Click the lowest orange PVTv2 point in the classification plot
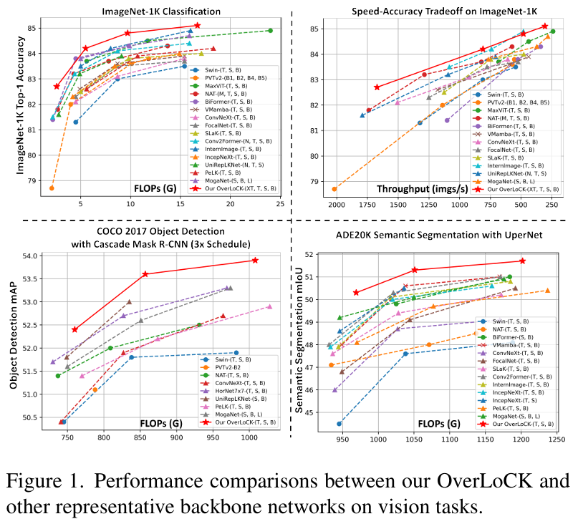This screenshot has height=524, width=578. tap(52, 188)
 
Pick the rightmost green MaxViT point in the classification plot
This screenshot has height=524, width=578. tap(269, 31)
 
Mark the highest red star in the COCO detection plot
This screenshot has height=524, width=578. tap(255, 260)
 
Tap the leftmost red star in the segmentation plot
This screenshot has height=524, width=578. tap(356, 292)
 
